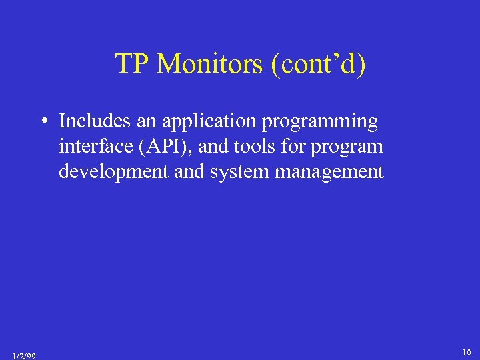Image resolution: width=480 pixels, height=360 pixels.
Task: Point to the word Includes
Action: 90,121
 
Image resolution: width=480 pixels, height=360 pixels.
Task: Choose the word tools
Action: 255,147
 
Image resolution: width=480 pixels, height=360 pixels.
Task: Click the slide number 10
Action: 466,351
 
